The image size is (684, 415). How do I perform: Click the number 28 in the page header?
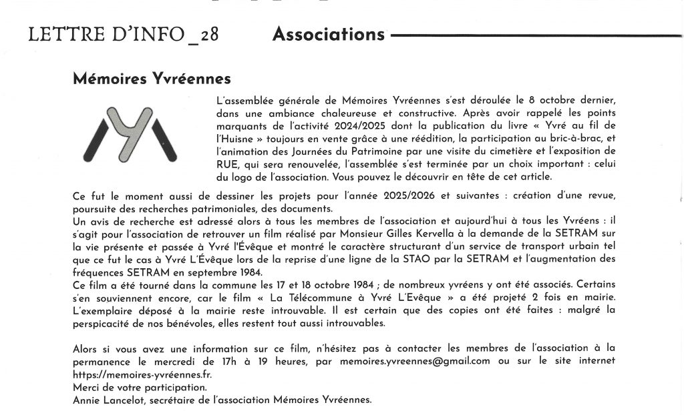click(x=209, y=35)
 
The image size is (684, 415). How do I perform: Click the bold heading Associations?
click(x=329, y=34)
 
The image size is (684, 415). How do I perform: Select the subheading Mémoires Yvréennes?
click(x=152, y=79)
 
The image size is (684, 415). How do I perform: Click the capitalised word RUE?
click(x=228, y=164)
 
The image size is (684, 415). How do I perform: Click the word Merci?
click(x=87, y=387)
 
